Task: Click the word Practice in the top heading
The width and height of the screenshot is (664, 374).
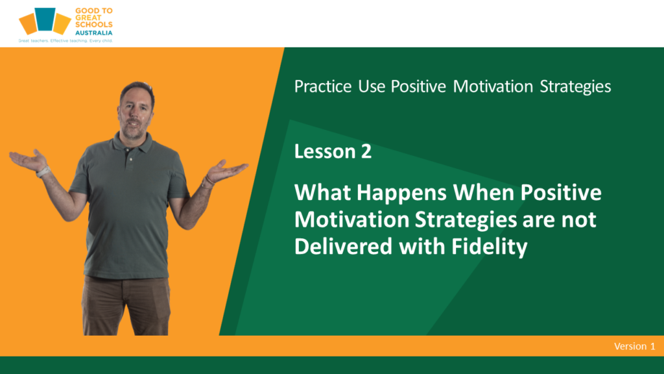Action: click(323, 86)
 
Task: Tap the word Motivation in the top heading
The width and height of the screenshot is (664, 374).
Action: click(493, 86)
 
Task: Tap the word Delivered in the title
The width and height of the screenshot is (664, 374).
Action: click(344, 246)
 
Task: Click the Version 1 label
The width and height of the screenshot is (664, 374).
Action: click(634, 347)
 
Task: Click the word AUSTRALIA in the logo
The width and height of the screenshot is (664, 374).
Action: click(93, 32)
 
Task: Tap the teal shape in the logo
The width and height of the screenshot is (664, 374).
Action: click(45, 19)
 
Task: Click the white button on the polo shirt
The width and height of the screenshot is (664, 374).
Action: click(131, 159)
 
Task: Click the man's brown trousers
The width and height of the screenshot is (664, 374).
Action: click(126, 305)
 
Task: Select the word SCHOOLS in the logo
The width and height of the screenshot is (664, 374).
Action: click(93, 25)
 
